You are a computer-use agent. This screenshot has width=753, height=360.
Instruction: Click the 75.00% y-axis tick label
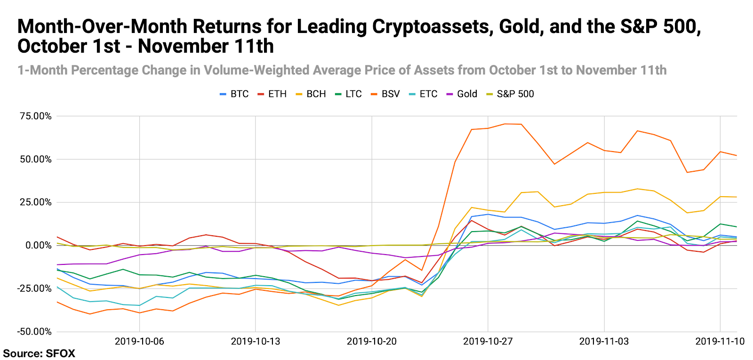click(36, 116)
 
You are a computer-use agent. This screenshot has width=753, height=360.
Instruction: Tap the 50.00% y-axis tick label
click(36, 159)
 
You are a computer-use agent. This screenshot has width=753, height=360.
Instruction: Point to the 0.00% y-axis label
click(38, 245)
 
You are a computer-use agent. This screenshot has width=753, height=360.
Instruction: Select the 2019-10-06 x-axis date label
click(139, 341)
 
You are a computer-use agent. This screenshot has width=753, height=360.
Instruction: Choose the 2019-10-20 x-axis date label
click(372, 341)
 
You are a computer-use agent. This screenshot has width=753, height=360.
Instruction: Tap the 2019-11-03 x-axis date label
click(604, 341)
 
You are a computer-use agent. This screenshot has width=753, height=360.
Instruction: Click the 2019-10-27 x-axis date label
click(488, 341)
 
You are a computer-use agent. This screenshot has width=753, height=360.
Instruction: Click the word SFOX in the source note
click(60, 353)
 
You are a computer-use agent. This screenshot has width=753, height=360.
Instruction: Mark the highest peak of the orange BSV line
click(505, 124)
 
